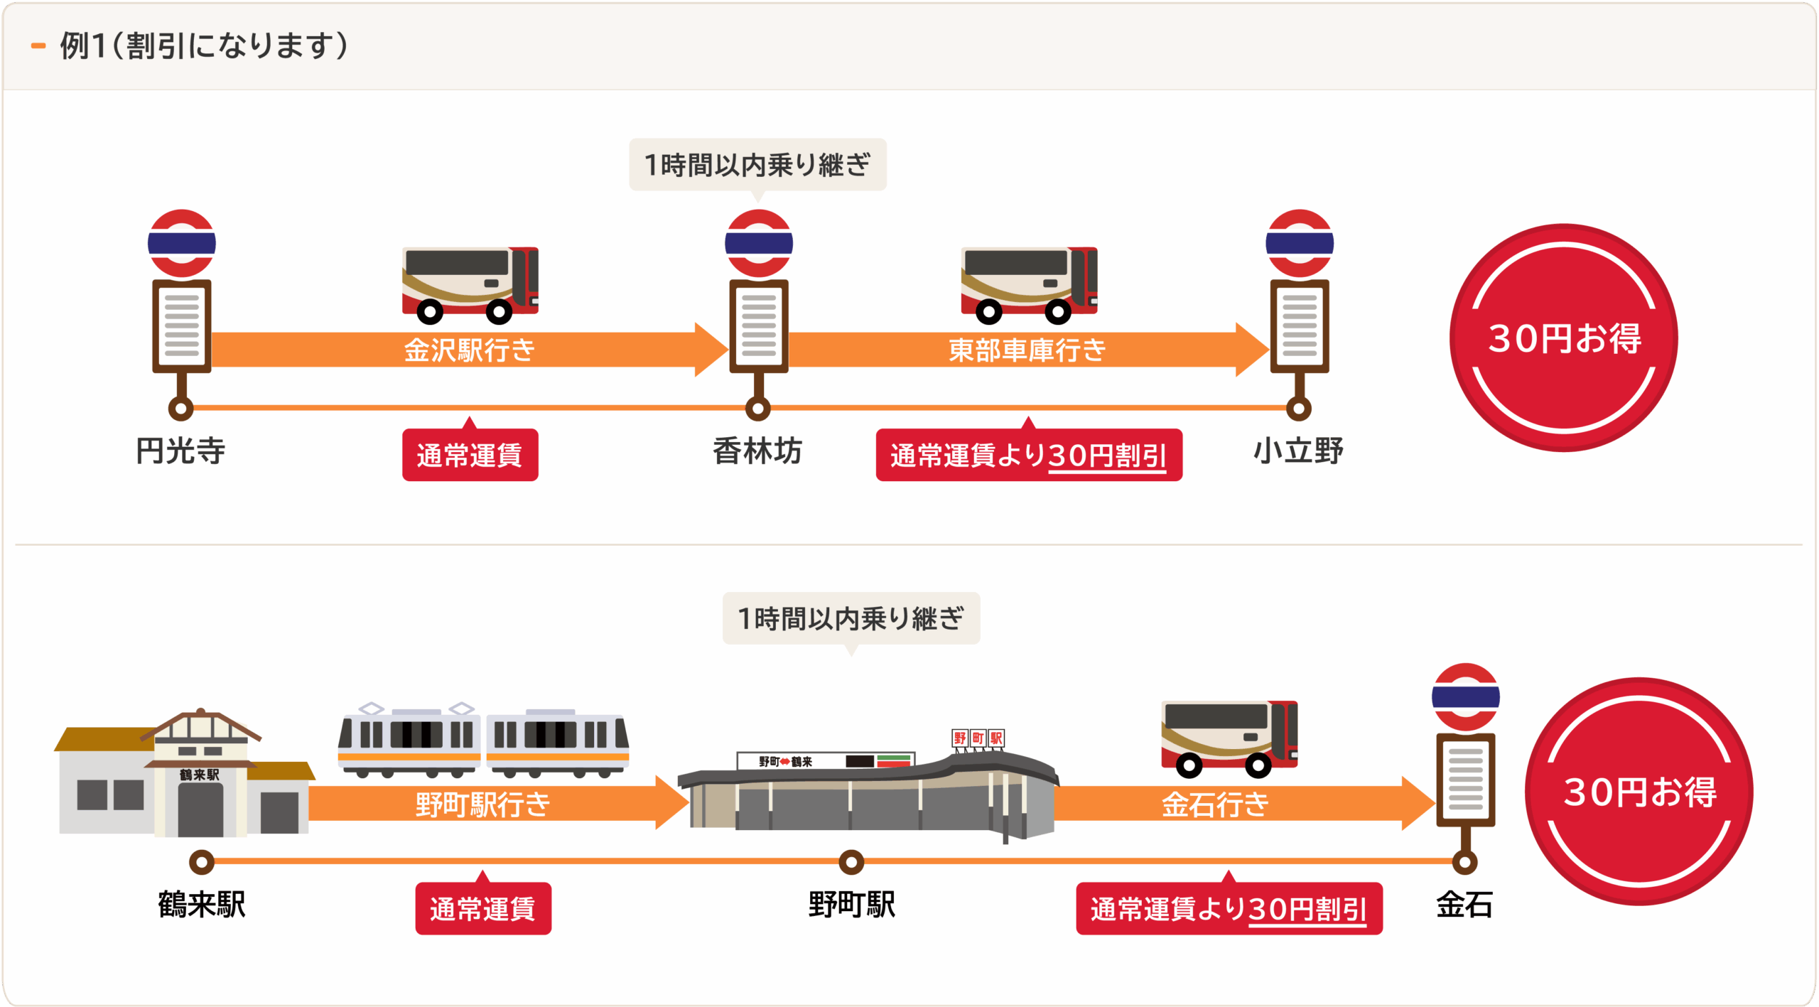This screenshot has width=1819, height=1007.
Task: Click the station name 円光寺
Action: (180, 451)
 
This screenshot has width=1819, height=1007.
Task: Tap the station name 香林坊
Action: (757, 451)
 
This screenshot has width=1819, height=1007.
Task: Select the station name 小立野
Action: (1298, 451)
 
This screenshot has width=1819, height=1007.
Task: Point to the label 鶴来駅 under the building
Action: (202, 905)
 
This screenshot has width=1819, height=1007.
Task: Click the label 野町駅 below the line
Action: (851, 905)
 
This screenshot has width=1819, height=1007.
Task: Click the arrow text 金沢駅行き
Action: (469, 350)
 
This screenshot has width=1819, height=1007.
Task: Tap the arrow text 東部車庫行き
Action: (1027, 350)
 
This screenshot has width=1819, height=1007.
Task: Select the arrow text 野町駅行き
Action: (482, 804)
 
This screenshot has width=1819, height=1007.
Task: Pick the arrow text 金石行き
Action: (1215, 804)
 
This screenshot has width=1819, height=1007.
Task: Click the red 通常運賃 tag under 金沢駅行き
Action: (470, 455)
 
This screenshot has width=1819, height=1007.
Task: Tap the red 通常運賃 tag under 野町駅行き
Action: (483, 909)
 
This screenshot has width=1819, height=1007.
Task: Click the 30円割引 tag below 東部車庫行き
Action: (1028, 455)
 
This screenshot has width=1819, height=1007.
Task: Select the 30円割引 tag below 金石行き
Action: (1229, 909)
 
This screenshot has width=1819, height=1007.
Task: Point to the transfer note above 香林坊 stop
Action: (757, 165)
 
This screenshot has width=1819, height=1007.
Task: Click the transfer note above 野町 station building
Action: (851, 618)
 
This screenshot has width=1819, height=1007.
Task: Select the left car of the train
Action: (409, 741)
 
